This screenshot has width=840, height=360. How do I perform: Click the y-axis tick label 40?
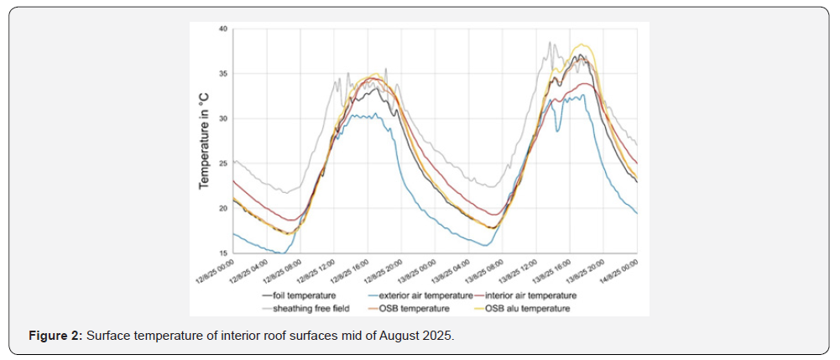click(223, 29)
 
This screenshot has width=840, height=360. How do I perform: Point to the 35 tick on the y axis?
click(223, 74)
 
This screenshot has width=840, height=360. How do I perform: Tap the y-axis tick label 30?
click(223, 118)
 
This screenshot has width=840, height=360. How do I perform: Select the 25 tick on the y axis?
click(223, 164)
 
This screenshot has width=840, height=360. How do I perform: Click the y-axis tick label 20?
click(223, 208)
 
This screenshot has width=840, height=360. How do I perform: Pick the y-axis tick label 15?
click(223, 253)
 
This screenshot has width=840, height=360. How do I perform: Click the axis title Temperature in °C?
click(204, 141)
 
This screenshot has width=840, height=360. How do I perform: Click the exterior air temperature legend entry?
click(417, 296)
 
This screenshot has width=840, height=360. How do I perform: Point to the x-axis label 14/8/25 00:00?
click(622, 271)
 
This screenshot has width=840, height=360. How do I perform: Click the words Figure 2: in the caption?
click(55, 336)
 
